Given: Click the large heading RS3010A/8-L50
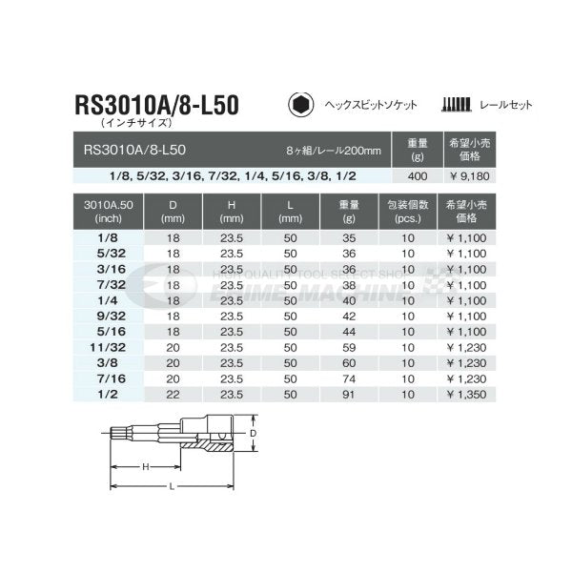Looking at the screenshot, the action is [x=157, y=105].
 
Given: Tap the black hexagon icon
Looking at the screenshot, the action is [x=300, y=105].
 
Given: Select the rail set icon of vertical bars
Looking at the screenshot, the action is [x=456, y=104].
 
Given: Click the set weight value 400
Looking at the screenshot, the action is [x=418, y=176].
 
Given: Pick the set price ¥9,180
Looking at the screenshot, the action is [x=469, y=176].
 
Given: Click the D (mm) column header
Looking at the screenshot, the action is [x=173, y=212].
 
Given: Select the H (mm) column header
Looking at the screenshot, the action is [x=232, y=212].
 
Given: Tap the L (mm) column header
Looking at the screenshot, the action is [x=291, y=212].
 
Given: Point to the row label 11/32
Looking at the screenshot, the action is [x=108, y=347].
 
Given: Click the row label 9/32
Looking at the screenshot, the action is [x=112, y=316].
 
